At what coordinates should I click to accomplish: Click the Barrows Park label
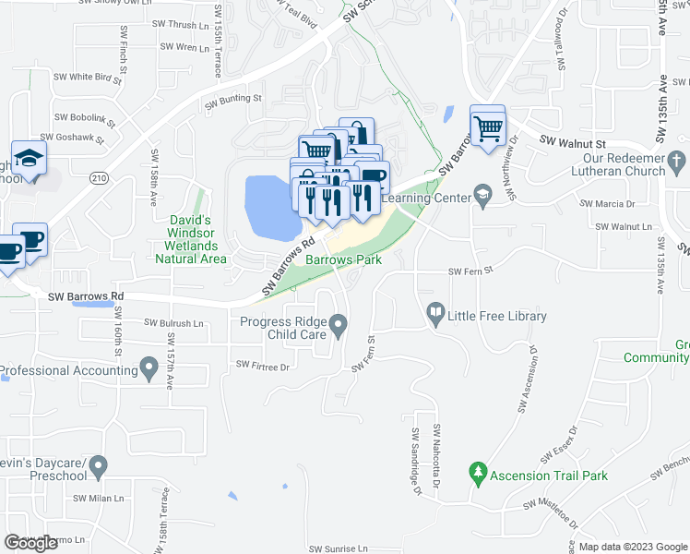pyautogui.click(x=343, y=260)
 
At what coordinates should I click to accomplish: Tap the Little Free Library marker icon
pyautogui.click(x=435, y=316)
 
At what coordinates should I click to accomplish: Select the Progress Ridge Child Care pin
pyautogui.click(x=339, y=323)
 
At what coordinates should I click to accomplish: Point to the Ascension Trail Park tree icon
pyautogui.click(x=477, y=476)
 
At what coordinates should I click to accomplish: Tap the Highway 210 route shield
pyautogui.click(x=100, y=176)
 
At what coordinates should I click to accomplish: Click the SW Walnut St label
pyautogui.click(x=572, y=143)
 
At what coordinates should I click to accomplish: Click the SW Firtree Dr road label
pyautogui.click(x=263, y=367)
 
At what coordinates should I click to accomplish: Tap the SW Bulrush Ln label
pyautogui.click(x=176, y=322)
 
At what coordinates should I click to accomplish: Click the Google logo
pyautogui.click(x=30, y=543)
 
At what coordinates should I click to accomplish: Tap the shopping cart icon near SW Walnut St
pyautogui.click(x=488, y=125)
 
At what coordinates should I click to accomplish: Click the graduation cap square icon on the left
pyautogui.click(x=30, y=158)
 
